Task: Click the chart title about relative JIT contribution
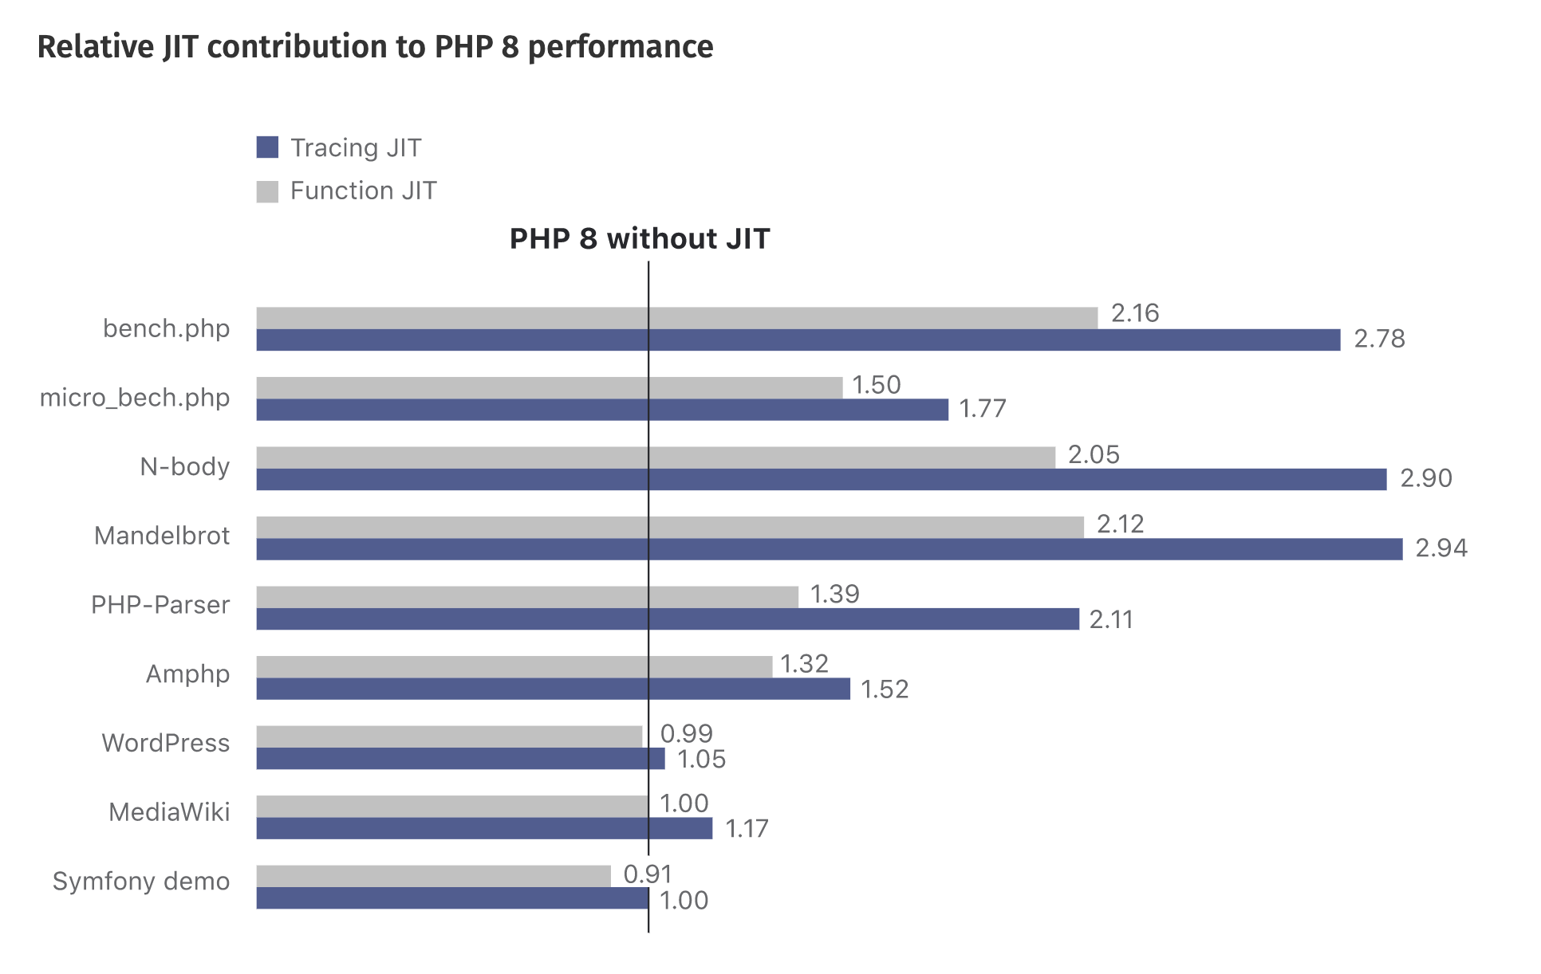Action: [x=375, y=47]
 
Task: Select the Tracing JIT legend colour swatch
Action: [x=267, y=147]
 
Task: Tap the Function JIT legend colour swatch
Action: [x=267, y=191]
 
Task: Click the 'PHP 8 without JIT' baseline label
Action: [x=640, y=239]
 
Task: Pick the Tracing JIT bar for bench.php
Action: [x=798, y=340]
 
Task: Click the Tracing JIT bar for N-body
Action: [x=821, y=480]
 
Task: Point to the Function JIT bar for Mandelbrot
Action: [x=670, y=528]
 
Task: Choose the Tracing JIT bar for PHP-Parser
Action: [x=667, y=619]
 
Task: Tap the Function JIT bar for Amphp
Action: [x=514, y=667]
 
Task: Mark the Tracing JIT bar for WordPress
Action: [x=460, y=759]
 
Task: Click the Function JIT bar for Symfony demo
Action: [x=433, y=876]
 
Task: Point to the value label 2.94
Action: [x=1441, y=548]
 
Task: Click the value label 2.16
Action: [x=1135, y=313]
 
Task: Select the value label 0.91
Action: [x=648, y=874]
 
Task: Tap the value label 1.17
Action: [x=747, y=829]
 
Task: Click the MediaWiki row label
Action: [x=169, y=812]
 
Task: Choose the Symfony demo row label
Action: [x=141, y=882]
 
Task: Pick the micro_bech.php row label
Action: [x=135, y=398]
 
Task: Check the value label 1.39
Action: [x=834, y=594]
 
